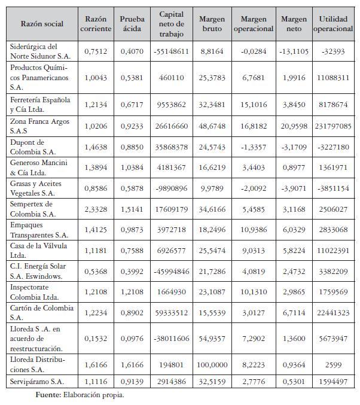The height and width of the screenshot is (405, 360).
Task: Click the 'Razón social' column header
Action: (41, 23)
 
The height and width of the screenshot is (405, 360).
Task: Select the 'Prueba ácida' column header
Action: (132, 23)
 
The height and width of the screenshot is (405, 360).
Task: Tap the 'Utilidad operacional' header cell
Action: (333, 23)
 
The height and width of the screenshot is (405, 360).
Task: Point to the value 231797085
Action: (333, 126)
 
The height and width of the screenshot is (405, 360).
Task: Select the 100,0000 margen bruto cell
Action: (212, 364)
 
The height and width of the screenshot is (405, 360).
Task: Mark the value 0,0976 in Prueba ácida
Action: (132, 339)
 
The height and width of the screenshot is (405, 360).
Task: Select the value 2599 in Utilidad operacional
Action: (333, 364)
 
